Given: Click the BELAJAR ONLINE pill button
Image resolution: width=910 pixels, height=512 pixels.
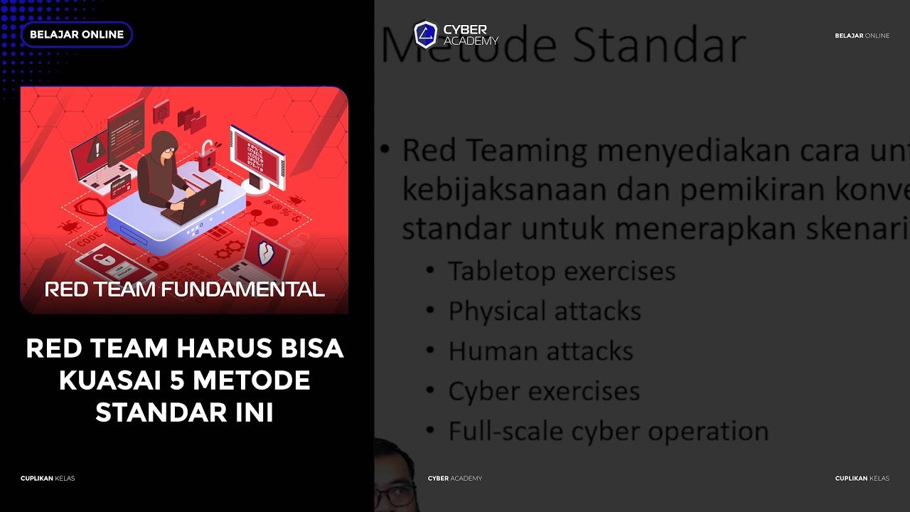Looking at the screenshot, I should point(77,34).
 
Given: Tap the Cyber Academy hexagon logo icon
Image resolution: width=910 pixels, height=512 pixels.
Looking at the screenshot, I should point(425,34).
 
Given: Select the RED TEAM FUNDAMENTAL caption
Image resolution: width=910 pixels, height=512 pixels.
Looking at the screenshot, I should point(184,289).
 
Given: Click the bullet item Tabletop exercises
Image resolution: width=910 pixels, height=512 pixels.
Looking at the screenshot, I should point(561,271).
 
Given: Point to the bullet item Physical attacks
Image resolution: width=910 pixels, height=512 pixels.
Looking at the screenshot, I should point(544,311).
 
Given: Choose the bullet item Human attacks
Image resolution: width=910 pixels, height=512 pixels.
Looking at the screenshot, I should point(540,351).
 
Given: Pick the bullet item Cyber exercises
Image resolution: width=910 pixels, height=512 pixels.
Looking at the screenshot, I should point(543,391).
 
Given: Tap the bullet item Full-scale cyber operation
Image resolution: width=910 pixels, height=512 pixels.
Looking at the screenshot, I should point(608,431).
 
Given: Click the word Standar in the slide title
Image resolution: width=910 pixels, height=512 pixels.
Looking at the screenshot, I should point(659,46).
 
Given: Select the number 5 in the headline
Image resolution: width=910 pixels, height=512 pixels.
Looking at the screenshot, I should point(177,380).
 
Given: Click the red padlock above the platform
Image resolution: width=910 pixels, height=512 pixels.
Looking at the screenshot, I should point(206,156).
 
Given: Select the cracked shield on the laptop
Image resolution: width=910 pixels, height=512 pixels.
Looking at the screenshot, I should point(266,252).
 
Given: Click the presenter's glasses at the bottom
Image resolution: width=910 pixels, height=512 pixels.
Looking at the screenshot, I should point(398,496).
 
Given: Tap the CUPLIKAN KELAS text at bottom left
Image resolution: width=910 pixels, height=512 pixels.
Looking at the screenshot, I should point(48,478).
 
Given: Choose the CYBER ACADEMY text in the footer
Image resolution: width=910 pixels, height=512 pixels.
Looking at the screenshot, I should point(454,478).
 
